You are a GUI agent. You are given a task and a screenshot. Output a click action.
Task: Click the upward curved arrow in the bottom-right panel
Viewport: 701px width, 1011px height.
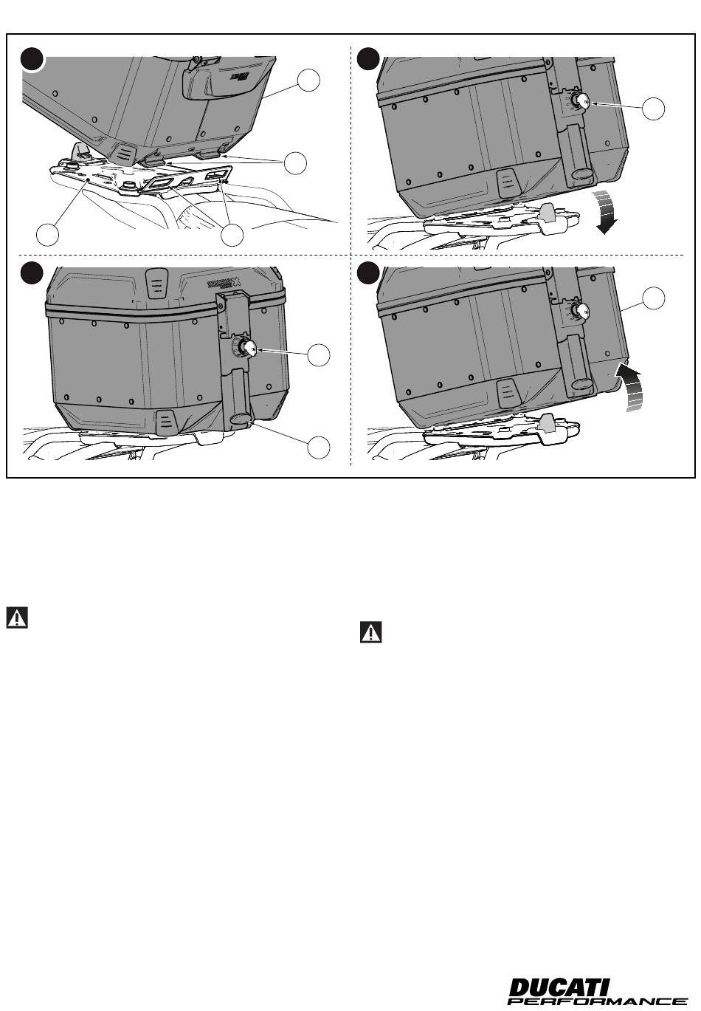click(x=629, y=384)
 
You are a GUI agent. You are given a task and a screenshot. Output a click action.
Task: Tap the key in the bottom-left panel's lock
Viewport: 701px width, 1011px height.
click(x=249, y=349)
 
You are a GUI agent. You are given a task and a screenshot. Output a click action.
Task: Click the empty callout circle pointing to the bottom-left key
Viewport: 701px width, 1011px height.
click(x=319, y=354)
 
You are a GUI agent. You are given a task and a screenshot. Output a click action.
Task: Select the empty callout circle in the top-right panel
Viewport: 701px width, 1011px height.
click(x=653, y=109)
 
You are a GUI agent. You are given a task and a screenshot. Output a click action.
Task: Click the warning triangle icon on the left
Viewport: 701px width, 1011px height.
click(x=17, y=617)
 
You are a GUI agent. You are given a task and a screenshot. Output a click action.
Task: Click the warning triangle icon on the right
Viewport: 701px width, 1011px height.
click(x=371, y=632)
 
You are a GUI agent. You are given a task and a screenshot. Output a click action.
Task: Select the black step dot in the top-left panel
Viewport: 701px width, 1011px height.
click(x=32, y=59)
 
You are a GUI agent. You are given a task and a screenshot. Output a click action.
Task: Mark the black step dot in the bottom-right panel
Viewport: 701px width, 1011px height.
click(x=367, y=273)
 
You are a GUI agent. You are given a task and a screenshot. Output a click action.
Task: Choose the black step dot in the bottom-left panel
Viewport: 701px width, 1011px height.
click(x=32, y=273)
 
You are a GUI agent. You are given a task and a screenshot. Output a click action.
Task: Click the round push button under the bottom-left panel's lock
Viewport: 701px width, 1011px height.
click(x=240, y=419)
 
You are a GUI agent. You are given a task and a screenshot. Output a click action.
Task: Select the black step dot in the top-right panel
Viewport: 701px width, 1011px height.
click(x=367, y=59)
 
